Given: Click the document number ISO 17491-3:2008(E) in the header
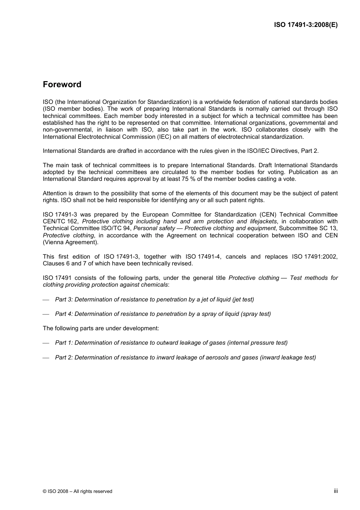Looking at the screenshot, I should pyautogui.click(x=306, y=25).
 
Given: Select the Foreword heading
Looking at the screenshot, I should pyautogui.click(x=62, y=85).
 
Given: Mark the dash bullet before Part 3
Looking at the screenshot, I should pyautogui.click(x=46, y=300).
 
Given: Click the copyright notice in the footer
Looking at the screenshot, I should pyautogui.click(x=77, y=491).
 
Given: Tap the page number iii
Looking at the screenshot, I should pyautogui.click(x=336, y=491).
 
